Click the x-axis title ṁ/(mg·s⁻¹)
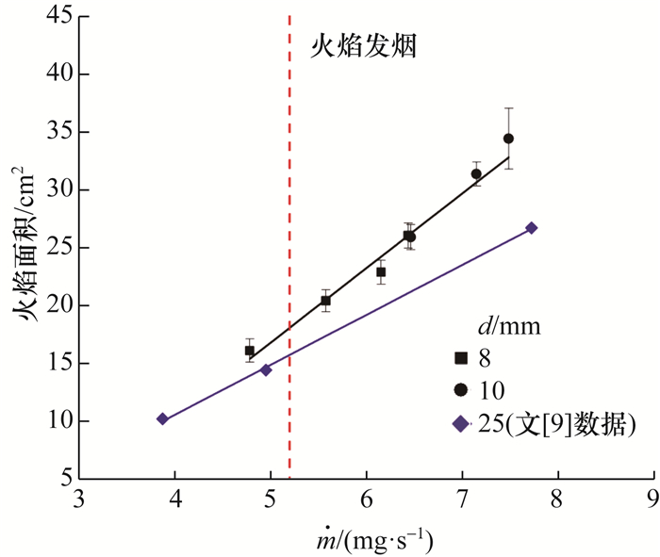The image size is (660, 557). pos(366,540)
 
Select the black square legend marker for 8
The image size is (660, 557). pos(461,358)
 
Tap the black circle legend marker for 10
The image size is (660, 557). pos(461,390)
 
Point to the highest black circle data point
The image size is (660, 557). pos(508,139)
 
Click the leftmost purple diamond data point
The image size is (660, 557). pos(162,418)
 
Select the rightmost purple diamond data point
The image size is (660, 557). pos(532,228)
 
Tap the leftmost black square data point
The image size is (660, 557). pos(250,351)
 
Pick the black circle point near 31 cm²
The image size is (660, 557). pos(476,173)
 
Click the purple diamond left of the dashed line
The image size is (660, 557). pos(266,369)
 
